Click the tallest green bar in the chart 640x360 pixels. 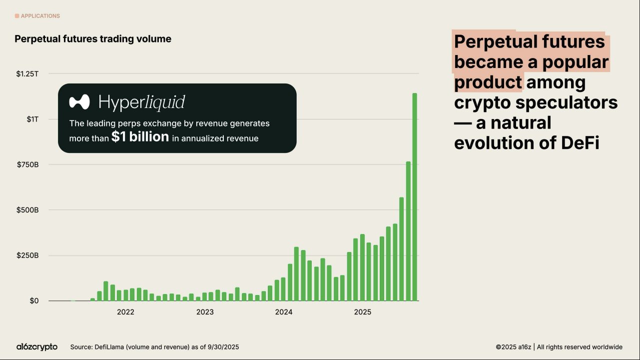click(414, 197)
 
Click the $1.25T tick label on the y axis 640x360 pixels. click(27, 73)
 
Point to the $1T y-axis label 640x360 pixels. click(32, 119)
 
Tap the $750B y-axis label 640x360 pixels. click(27, 164)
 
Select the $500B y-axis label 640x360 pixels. click(27, 210)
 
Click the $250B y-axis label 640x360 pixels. click(27, 255)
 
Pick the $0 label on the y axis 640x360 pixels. click(33, 301)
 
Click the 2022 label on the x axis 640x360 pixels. click(125, 312)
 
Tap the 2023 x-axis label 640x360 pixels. click(205, 312)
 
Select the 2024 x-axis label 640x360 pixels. click(284, 312)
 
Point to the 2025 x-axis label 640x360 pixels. click(363, 312)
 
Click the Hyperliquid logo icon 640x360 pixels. click(79, 102)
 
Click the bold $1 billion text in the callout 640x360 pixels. click(140, 137)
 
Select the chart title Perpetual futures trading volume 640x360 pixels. click(93, 39)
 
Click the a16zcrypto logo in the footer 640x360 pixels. click(37, 346)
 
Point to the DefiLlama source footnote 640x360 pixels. click(158, 347)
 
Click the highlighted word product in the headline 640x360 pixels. click(488, 82)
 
